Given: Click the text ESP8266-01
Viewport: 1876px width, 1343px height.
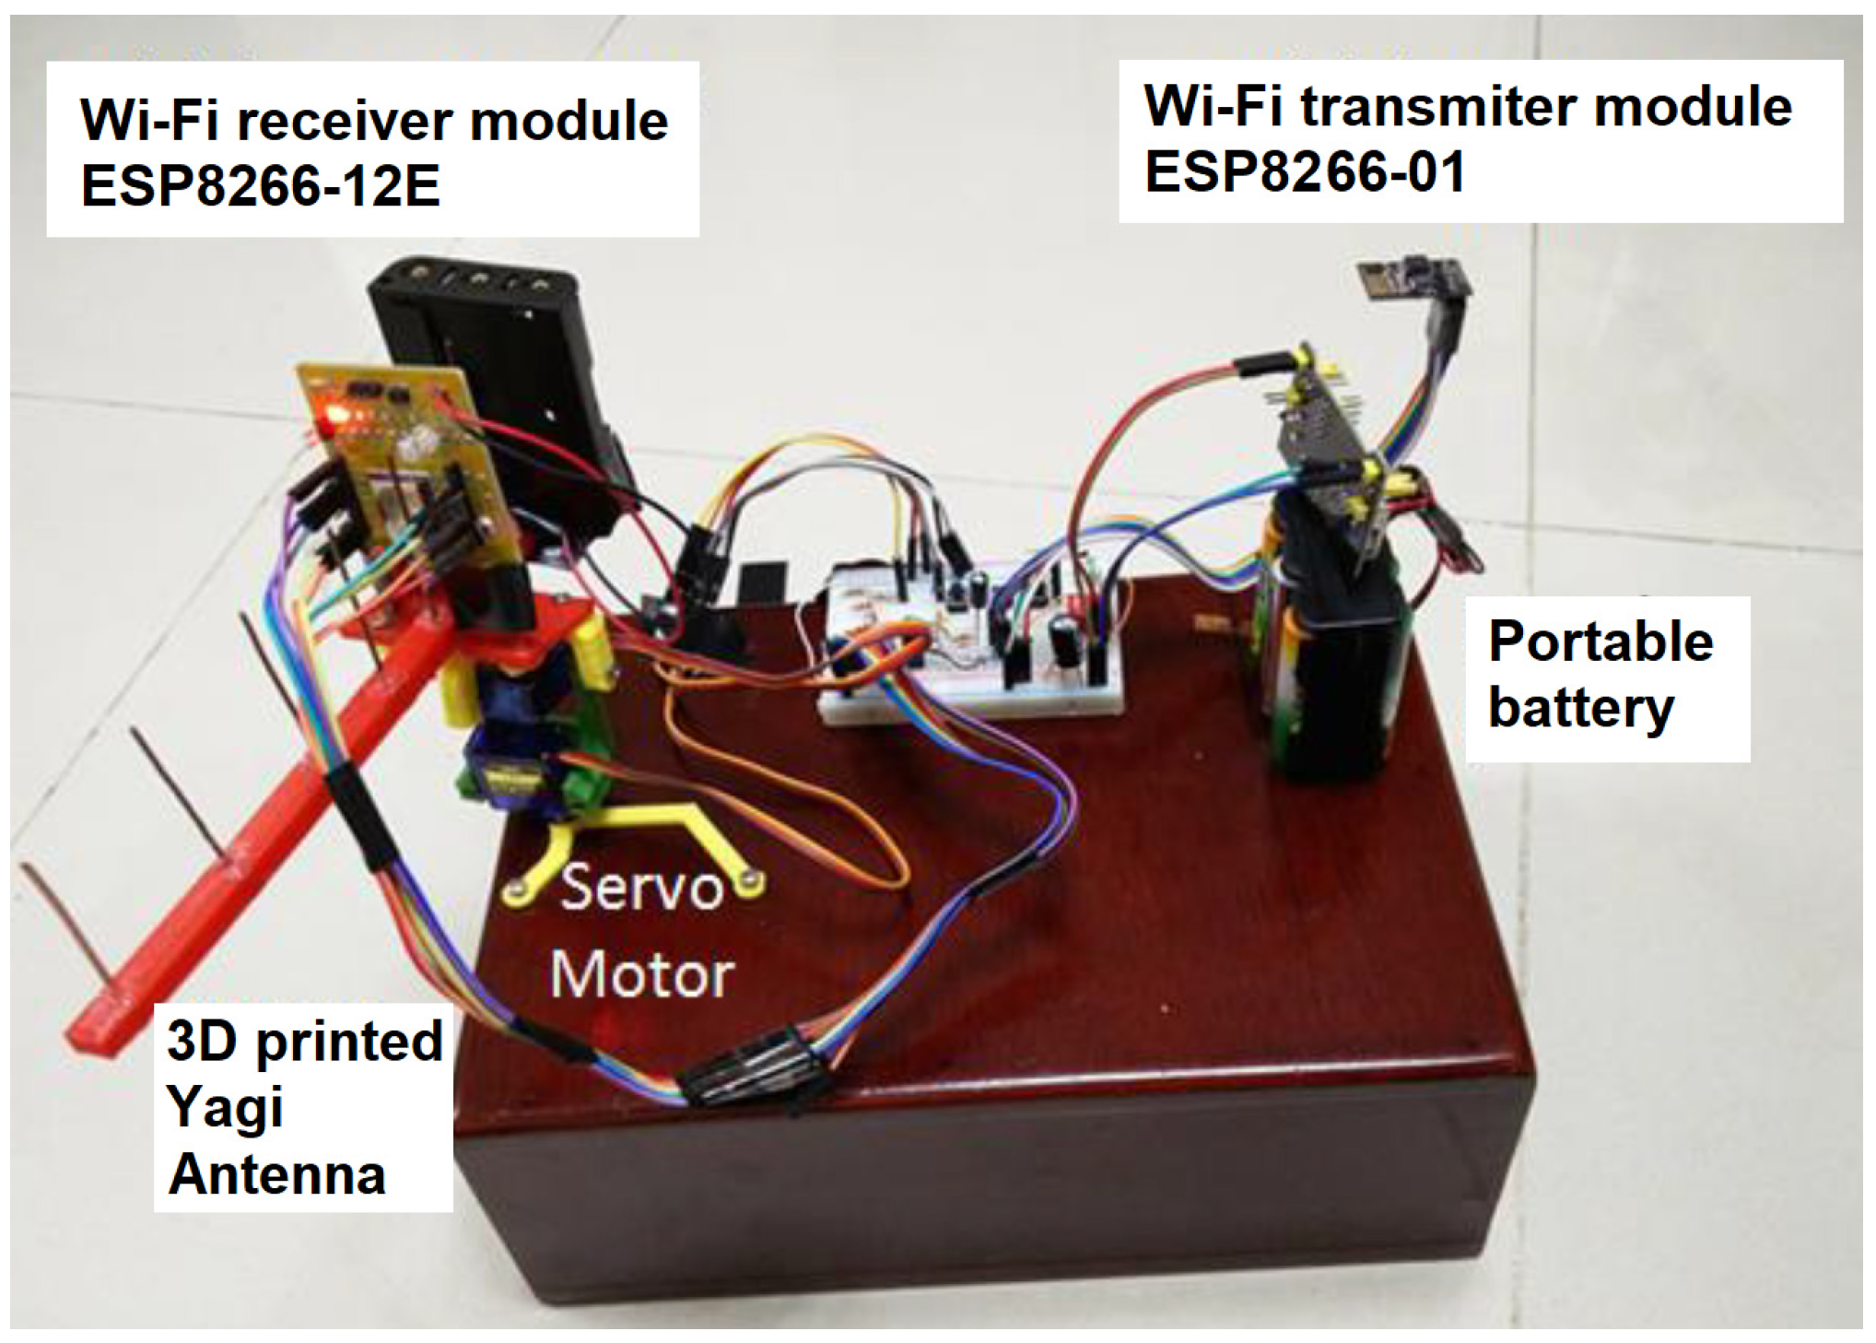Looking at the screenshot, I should tap(1304, 171).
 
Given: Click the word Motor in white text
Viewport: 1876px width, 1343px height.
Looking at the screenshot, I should tap(642, 974).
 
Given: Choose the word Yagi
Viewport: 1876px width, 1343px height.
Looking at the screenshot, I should tap(225, 1108).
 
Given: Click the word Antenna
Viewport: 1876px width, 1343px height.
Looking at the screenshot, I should tap(276, 1175).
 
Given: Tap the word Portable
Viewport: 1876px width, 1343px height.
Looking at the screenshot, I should tap(1600, 642).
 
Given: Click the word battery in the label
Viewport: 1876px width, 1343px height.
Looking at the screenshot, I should tap(1580, 708).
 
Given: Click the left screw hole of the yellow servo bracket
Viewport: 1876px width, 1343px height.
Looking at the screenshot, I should tap(516, 889).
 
